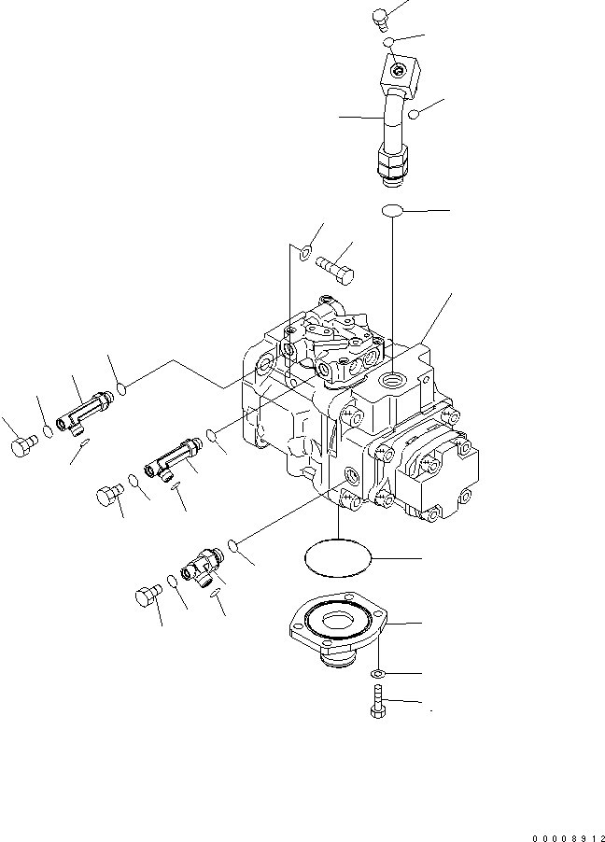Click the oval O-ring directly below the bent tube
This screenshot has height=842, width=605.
[x=393, y=212]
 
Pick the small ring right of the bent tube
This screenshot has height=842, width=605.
[x=414, y=114]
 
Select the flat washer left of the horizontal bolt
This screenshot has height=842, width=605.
[x=305, y=250]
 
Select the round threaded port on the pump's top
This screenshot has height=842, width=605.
[x=393, y=377]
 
